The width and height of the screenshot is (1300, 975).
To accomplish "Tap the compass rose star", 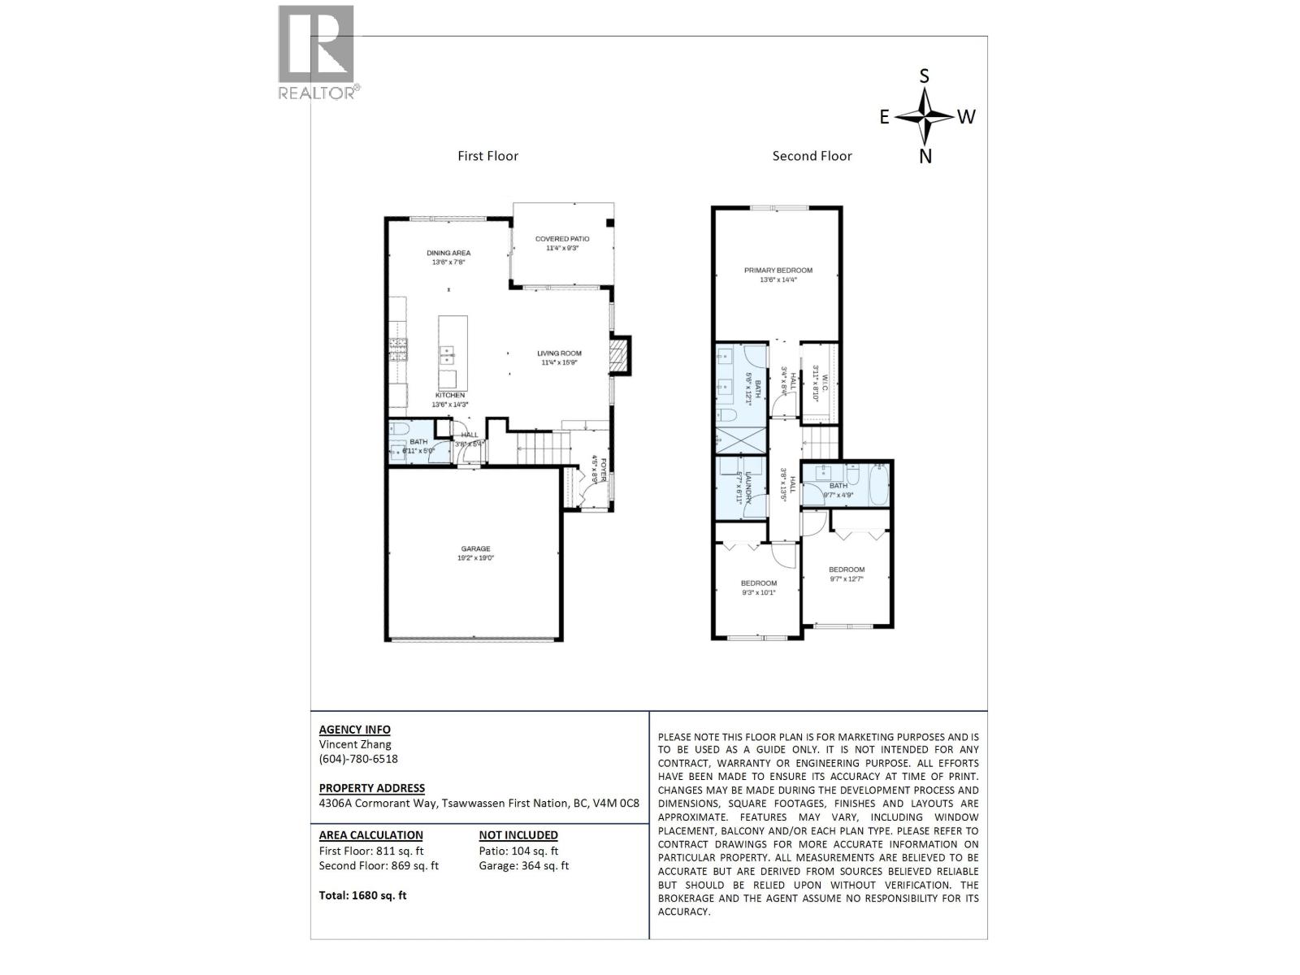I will point(925,116).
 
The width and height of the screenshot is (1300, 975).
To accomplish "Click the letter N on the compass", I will point(925,157).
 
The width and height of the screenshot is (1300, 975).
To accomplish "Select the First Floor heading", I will point(487,156).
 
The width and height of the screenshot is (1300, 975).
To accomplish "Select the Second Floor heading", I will point(812,156).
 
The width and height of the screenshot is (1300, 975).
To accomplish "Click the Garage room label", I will point(476,553).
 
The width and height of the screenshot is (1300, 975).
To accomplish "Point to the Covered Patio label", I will point(562,243).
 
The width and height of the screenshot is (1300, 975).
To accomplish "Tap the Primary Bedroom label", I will point(778,275).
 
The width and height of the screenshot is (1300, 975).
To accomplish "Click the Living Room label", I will point(559,357).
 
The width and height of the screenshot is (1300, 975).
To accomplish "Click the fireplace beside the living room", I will point(620,355).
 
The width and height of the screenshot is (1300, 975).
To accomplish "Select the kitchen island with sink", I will point(448,353).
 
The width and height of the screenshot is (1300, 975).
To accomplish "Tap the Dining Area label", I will point(448,257).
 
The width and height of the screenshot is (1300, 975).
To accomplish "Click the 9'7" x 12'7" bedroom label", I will point(847,574).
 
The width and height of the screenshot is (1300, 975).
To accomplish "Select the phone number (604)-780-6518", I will point(358,759).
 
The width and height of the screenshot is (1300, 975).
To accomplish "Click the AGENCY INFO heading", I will point(354,730).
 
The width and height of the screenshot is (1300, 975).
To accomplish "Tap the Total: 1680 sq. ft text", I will point(362,895).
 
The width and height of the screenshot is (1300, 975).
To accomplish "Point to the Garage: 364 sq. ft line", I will point(524,865).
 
